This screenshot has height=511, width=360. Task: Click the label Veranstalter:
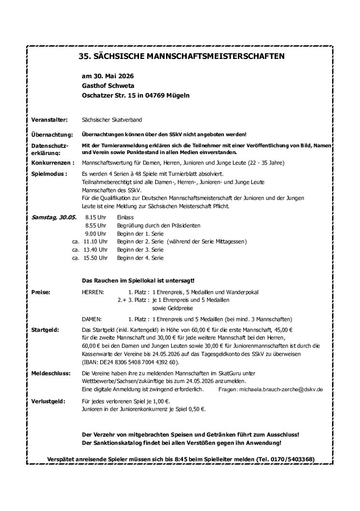49,119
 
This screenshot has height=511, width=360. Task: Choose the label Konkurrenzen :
52,163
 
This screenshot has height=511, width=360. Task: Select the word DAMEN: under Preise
92,319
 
